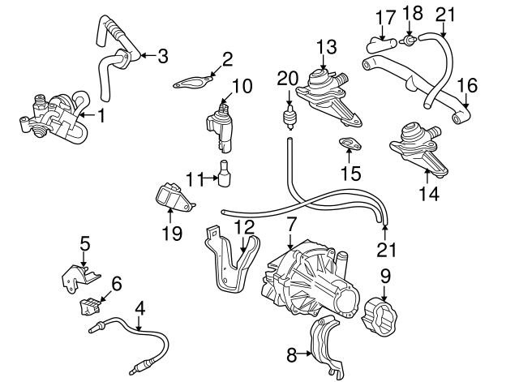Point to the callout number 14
[x=430, y=193]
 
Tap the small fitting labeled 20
[x=288, y=118]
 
